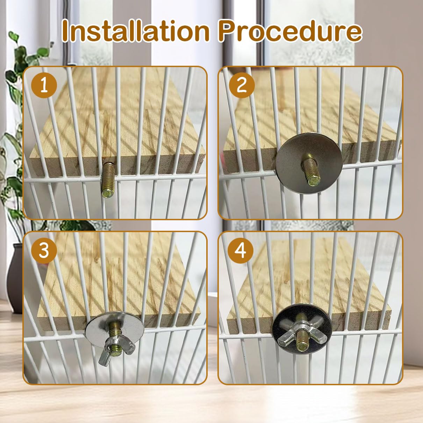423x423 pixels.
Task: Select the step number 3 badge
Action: [x=44, y=251]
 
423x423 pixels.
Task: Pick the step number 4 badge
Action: [x=241, y=251]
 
